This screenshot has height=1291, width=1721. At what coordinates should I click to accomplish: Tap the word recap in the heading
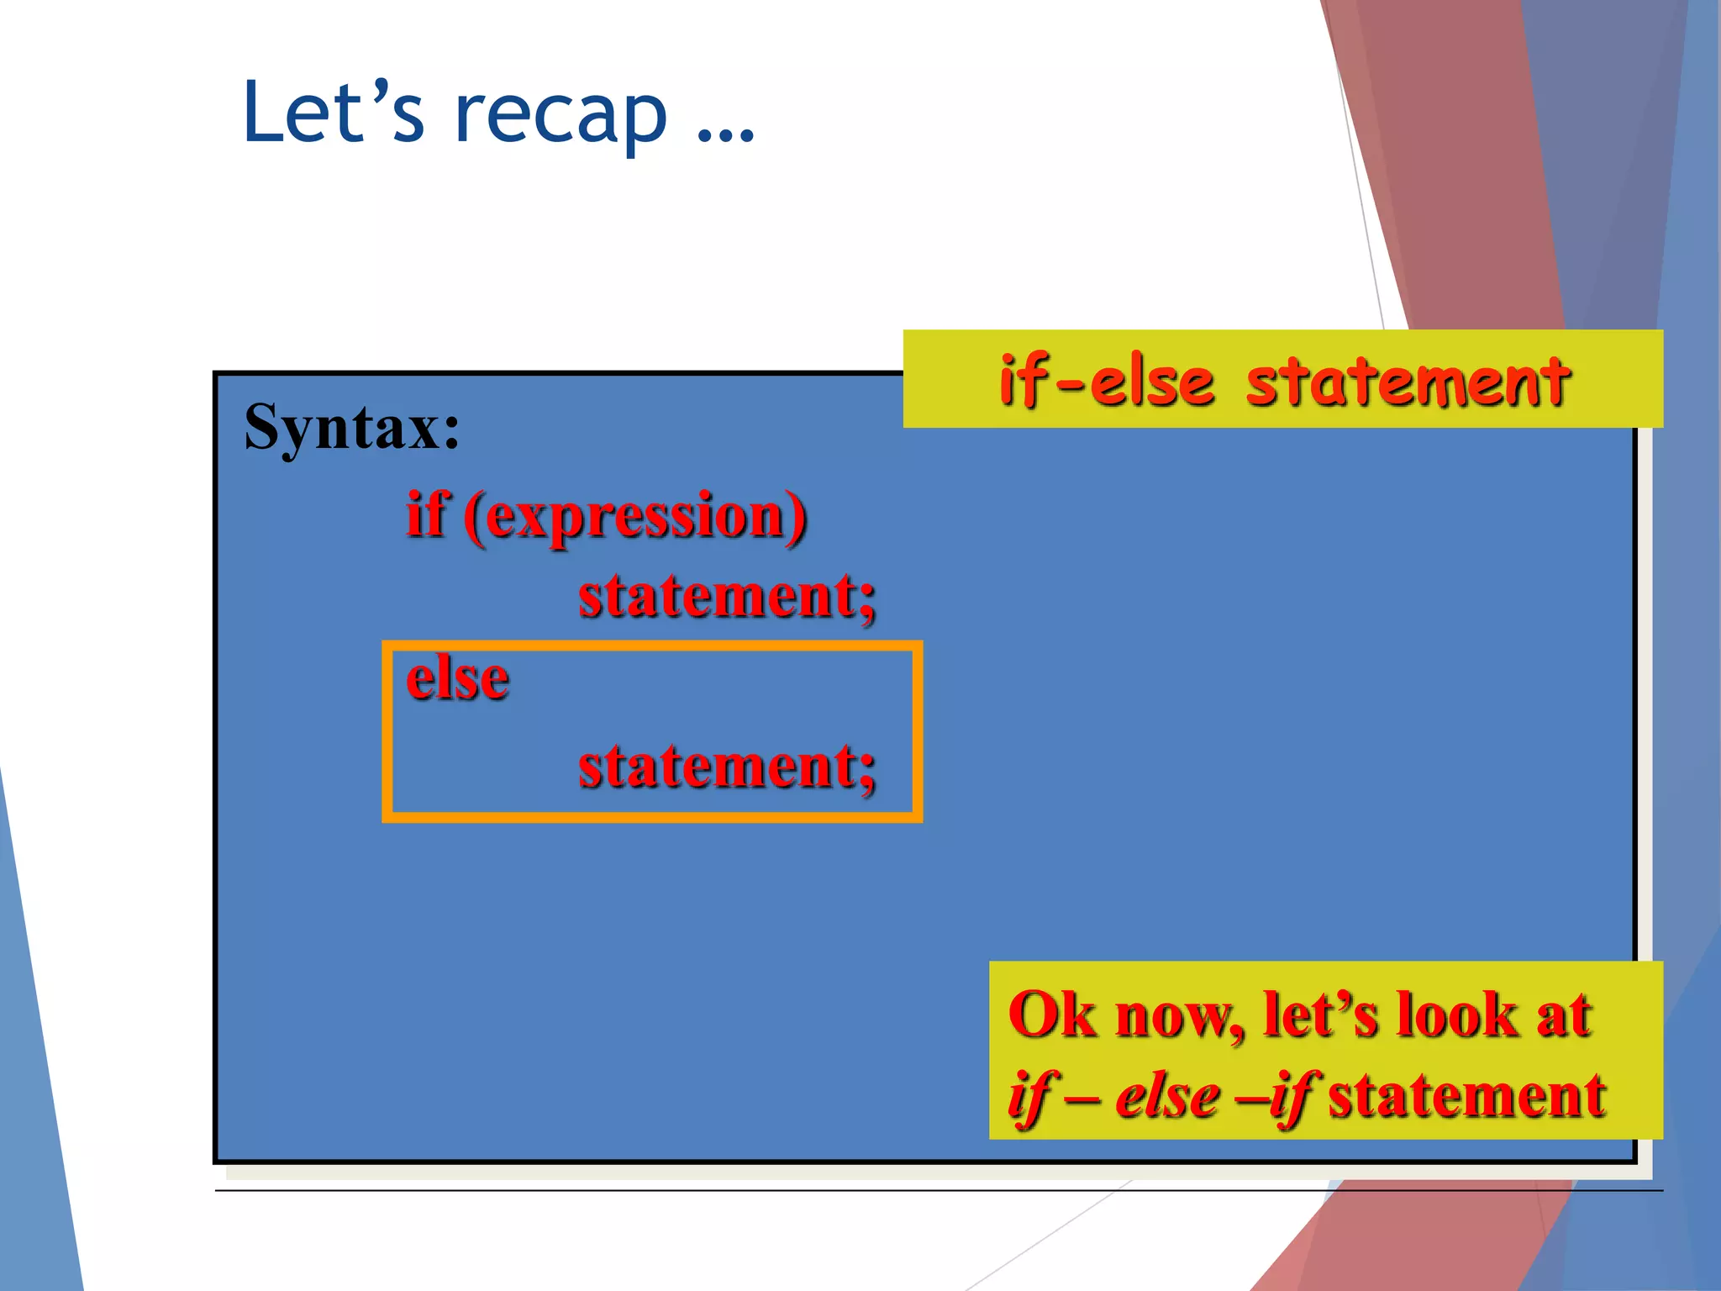coord(561,118)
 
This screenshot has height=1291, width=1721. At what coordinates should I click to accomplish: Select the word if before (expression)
coord(426,515)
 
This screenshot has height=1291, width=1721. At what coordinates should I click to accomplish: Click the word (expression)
coord(635,517)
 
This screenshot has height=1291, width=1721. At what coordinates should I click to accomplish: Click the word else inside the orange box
coord(457,679)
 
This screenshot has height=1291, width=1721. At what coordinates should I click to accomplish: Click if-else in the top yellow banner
coord(1107,382)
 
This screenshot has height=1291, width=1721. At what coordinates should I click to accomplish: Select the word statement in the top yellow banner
coord(1408,382)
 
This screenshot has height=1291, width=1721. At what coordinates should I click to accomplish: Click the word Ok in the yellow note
coord(1052,1015)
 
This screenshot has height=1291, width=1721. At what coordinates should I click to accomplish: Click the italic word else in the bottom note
coord(1167,1097)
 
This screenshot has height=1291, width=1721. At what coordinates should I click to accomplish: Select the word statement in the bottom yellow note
coord(1466,1097)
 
